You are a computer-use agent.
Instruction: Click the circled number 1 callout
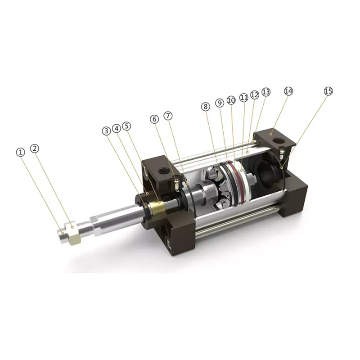tap(20, 153)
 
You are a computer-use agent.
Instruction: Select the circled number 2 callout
tap(35, 148)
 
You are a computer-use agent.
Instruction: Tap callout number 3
tap(106, 130)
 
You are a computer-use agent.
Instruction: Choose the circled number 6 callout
tap(154, 119)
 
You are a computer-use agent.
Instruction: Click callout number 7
tap(168, 116)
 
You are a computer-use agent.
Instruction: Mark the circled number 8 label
tap(206, 107)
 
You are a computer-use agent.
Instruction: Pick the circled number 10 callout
tap(231, 100)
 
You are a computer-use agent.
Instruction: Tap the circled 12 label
tap(255, 94)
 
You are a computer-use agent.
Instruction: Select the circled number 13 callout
tap(266, 92)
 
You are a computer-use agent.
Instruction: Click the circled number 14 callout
tap(288, 91)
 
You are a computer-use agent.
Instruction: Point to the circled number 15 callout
tap(328, 91)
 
